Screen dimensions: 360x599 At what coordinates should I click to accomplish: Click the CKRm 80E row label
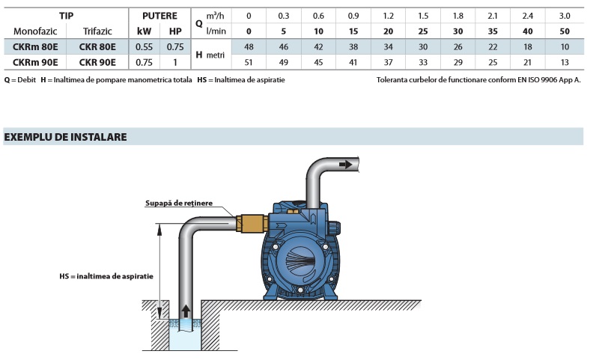click(x=31, y=46)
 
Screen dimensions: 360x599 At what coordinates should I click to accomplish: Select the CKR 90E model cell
click(x=97, y=62)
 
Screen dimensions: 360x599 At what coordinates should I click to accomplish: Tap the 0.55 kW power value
click(x=144, y=46)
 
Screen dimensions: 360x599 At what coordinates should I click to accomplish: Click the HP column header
click(x=175, y=31)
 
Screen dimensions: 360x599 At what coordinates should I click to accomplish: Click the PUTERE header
click(x=159, y=15)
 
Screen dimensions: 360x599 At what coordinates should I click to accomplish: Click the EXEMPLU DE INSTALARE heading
click(x=66, y=137)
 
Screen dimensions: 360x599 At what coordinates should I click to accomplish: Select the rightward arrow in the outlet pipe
click(x=346, y=164)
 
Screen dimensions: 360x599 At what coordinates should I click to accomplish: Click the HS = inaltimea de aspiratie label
click(x=106, y=276)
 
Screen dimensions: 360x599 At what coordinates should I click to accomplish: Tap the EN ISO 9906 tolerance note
click(x=478, y=79)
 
